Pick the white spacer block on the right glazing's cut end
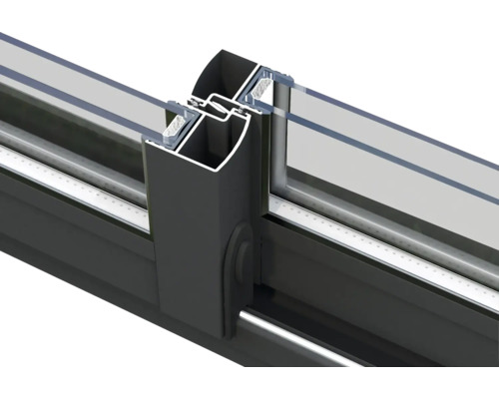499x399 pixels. pos(265,89)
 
